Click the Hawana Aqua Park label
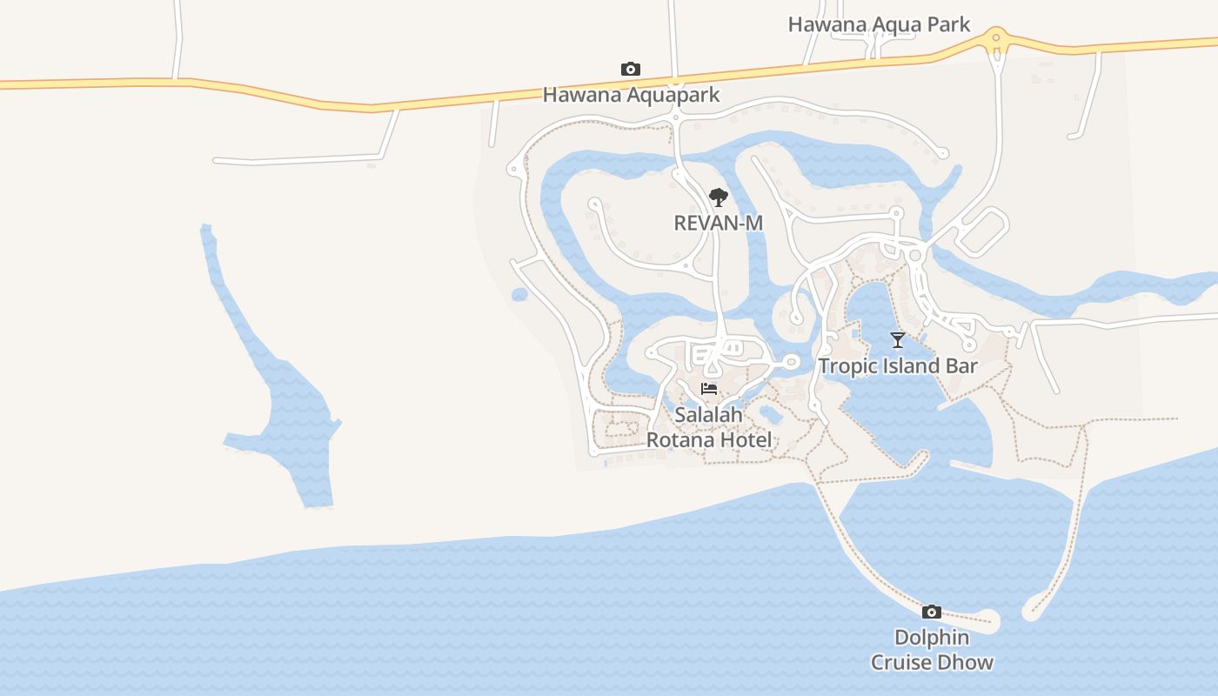(879, 24)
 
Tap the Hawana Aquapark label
(631, 94)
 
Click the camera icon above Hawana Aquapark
(631, 69)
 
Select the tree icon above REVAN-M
(718, 197)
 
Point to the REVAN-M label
(718, 223)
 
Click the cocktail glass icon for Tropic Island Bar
(898, 340)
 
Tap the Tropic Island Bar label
(898, 366)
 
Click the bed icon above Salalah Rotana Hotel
(709, 389)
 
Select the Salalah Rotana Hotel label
(709, 427)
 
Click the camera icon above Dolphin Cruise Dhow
(932, 612)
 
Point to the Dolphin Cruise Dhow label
(932, 650)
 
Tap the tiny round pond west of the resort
(519, 294)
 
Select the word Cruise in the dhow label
(908, 662)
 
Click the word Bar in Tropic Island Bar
(960, 366)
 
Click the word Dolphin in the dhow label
(932, 638)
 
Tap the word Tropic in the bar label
(847, 366)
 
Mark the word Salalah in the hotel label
(709, 415)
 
